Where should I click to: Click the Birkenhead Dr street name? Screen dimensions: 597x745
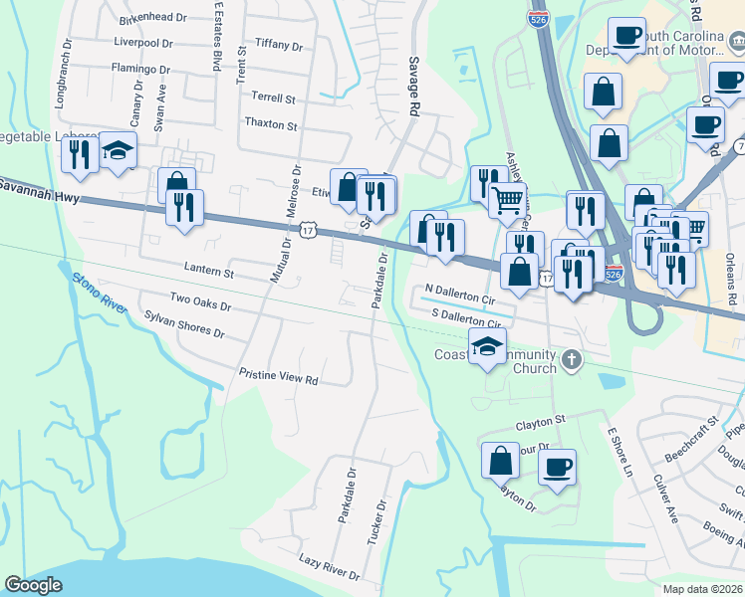click(x=152, y=19)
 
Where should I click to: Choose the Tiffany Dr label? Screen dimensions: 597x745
click(x=279, y=46)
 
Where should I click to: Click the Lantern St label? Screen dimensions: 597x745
click(x=208, y=270)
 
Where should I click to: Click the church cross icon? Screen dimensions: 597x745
click(x=571, y=359)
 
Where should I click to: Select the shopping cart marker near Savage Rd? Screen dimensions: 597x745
click(x=508, y=200)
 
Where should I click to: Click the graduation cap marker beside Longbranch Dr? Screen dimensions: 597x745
click(x=119, y=150)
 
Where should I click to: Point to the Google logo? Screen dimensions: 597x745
click(x=34, y=585)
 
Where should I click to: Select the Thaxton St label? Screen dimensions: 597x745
click(x=272, y=126)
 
